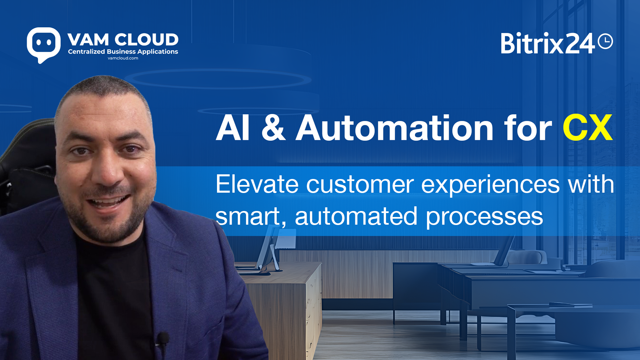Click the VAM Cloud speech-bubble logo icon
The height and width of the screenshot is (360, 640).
click(x=44, y=45)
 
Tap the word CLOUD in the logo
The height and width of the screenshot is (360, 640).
click(x=147, y=40)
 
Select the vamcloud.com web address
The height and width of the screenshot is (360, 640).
click(x=123, y=58)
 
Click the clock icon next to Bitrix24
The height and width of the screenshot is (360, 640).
click(x=605, y=41)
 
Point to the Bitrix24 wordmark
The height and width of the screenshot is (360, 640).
click(x=548, y=43)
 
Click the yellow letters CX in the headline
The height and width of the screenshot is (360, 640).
click(x=588, y=128)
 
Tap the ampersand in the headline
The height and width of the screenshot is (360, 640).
click(x=273, y=128)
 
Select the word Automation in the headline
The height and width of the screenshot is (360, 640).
click(x=395, y=128)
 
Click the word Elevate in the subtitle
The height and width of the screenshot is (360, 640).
click(x=257, y=184)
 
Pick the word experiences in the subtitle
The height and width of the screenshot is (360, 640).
click(x=491, y=185)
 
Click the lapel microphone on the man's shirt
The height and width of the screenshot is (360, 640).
click(x=163, y=339)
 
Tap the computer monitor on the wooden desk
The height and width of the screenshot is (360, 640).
click(x=269, y=248)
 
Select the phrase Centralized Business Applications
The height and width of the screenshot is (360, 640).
click(x=123, y=52)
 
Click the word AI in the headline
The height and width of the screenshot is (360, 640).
click(x=233, y=128)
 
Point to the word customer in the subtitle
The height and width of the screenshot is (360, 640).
click(x=360, y=184)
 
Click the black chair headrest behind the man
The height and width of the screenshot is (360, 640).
click(x=28, y=147)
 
